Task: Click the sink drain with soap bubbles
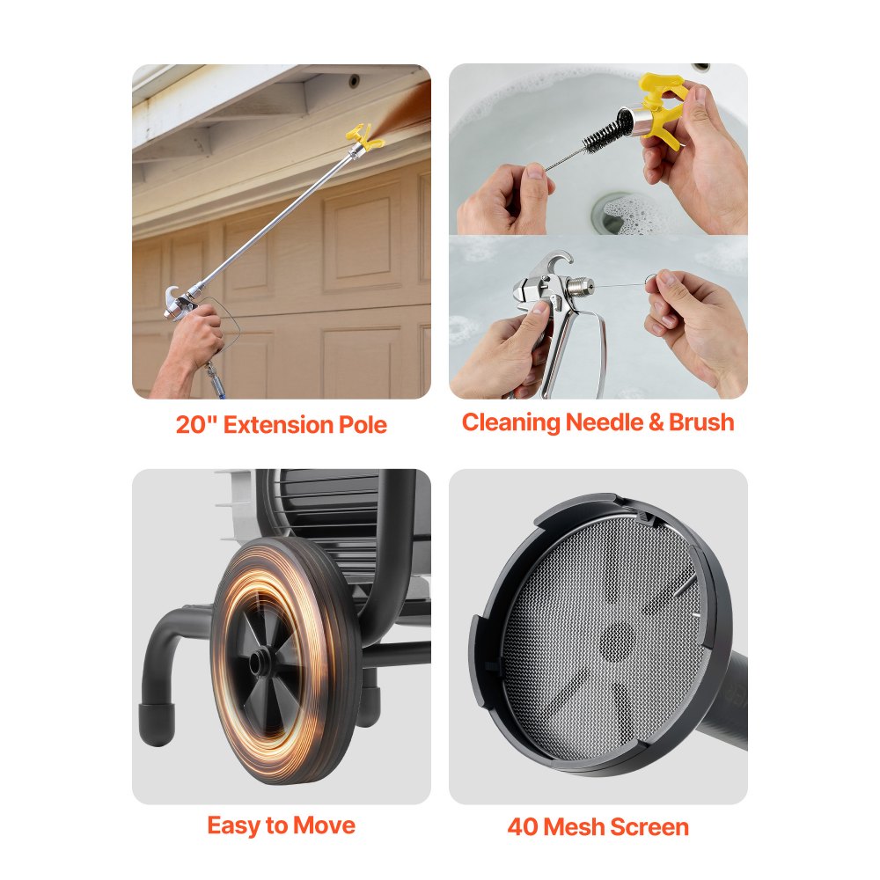614,214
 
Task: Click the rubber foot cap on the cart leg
157,724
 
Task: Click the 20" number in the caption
196,425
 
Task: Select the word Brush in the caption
701,422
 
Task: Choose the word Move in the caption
324,825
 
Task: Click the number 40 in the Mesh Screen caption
523,827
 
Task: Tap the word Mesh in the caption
574,827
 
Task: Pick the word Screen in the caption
649,827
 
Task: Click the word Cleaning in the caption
510,423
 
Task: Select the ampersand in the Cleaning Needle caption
656,422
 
